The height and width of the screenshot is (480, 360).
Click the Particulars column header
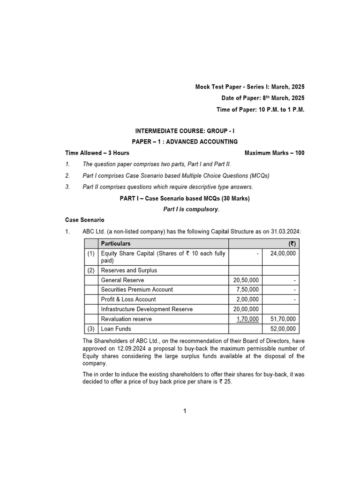(x=116, y=244)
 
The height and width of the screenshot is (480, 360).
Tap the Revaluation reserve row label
(x=127, y=319)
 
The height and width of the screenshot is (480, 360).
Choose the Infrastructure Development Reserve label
(x=147, y=309)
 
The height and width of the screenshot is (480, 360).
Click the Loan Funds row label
(x=116, y=329)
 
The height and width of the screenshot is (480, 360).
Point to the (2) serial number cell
(x=91, y=270)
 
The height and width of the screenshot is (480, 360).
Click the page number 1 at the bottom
(x=185, y=412)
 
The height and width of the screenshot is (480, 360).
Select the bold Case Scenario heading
(x=85, y=220)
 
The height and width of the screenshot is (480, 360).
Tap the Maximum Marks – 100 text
(x=274, y=153)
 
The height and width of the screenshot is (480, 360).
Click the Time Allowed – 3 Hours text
(x=97, y=153)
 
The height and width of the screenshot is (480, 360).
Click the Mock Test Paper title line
(x=250, y=87)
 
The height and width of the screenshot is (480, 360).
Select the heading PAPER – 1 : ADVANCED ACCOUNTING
(x=185, y=142)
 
